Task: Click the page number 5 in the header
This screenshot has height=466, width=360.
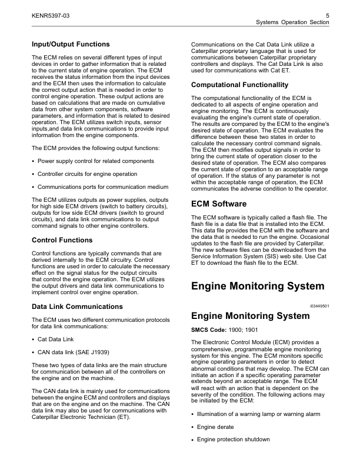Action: point(326,14)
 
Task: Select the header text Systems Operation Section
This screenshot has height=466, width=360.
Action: point(292,22)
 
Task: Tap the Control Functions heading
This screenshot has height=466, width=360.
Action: point(62,240)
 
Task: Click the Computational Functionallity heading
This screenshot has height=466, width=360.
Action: point(239,85)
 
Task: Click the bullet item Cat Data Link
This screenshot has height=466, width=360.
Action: point(55,339)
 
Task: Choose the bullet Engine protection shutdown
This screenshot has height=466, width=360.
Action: point(234,440)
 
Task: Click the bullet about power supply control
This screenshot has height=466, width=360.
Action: point(96,161)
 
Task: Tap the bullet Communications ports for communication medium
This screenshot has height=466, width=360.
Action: point(103,187)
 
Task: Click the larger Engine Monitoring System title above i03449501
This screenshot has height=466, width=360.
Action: point(258,287)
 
